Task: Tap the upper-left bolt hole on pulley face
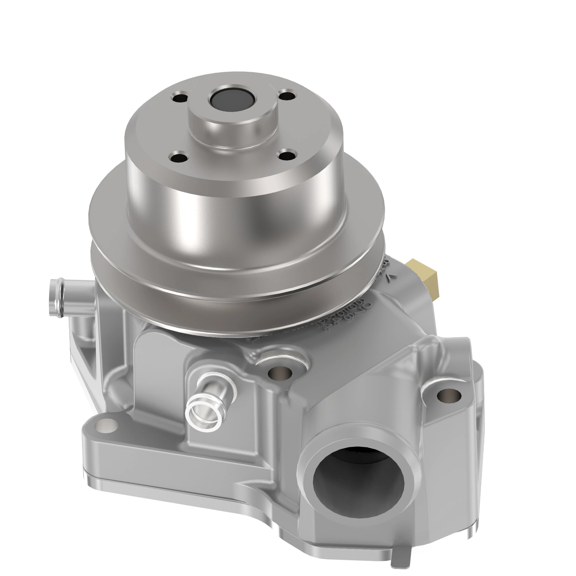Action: tap(180, 98)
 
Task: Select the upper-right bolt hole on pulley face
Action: tap(287, 96)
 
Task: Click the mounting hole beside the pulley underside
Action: tap(280, 373)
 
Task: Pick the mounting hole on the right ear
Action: tap(449, 395)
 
